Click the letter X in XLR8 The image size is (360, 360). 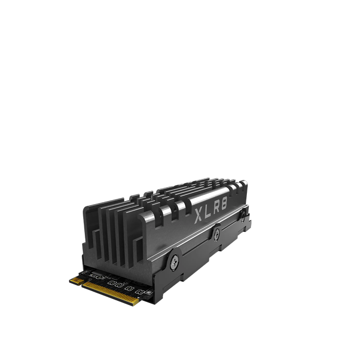pyautogui.click(x=199, y=215)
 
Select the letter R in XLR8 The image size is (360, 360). pyautogui.click(x=216, y=208)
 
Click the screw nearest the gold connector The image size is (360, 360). pyautogui.click(x=174, y=262)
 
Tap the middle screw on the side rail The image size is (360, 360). pyautogui.click(x=217, y=235)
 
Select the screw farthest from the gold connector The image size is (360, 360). pyautogui.click(x=243, y=217)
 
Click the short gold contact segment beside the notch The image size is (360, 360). pyautogui.click(x=77, y=281)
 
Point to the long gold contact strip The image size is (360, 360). pyautogui.click(x=111, y=294)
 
